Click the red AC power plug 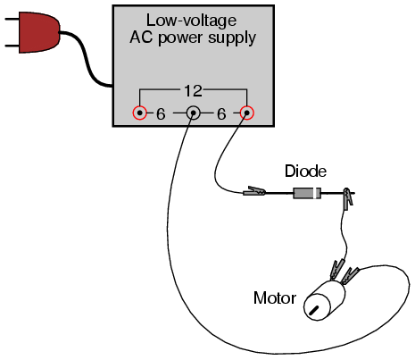coord(38,32)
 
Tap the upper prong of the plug coord(12,20)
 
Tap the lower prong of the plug coord(12,46)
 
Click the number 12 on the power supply coord(194,91)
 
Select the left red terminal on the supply coord(139,113)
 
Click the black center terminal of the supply coord(194,113)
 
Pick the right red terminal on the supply coord(246,113)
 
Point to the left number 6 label coord(161,114)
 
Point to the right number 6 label coord(221,114)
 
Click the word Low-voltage coord(192,21)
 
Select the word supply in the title coord(232,38)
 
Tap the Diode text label coord(305,171)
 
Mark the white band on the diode coord(316,193)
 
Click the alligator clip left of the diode coord(254,191)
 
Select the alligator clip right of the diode coord(348,197)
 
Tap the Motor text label coord(275,297)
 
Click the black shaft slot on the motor coord(314,311)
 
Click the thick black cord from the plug coord(87,58)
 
